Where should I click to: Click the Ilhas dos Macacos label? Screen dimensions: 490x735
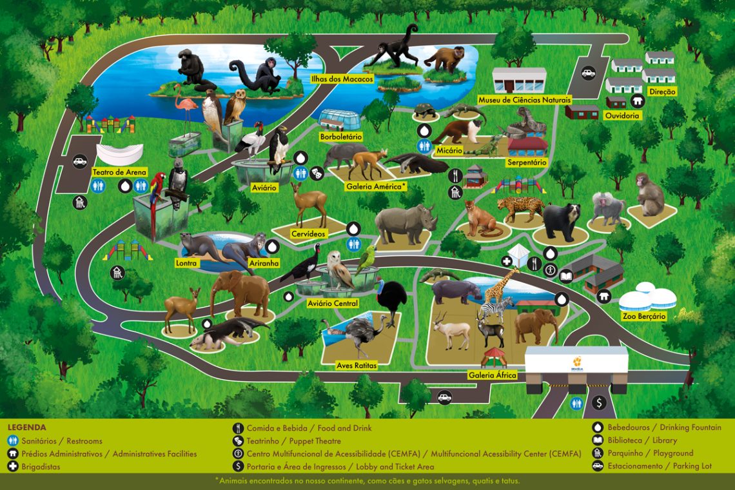[333, 79]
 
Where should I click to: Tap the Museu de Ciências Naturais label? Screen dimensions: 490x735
[524, 100]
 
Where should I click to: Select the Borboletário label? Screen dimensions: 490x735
[341, 137]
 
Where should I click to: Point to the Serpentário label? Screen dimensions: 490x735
[527, 162]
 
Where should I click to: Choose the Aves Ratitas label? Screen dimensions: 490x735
[357, 366]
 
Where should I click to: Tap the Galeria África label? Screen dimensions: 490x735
[493, 375]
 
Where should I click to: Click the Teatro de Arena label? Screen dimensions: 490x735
[120, 172]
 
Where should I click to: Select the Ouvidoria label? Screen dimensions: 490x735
[622, 115]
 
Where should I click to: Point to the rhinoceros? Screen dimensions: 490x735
[404, 222]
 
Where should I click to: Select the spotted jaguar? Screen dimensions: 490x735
[520, 208]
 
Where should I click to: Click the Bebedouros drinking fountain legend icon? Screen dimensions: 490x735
[597, 427]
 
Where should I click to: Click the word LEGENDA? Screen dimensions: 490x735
[26, 427]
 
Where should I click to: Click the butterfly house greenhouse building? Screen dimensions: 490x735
[340, 120]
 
